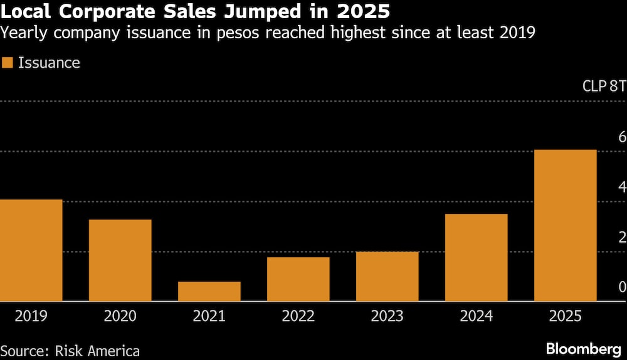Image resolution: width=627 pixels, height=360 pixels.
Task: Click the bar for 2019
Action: (x=31, y=250)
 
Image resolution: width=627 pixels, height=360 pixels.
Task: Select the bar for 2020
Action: (x=120, y=260)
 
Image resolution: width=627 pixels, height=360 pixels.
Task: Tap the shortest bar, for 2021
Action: (x=209, y=292)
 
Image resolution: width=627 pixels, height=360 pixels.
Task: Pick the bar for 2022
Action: (x=298, y=279)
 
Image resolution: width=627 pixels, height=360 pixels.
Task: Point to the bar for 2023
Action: (x=387, y=277)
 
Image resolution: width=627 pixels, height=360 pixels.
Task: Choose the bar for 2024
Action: (x=476, y=258)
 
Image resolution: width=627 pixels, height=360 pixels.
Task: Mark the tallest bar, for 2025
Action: (x=565, y=226)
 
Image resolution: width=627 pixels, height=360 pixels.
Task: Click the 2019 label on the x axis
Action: (x=31, y=316)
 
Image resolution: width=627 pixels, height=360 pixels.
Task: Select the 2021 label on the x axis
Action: (x=209, y=316)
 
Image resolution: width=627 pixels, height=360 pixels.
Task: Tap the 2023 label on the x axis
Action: (x=387, y=316)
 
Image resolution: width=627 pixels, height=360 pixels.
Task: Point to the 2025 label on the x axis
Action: (x=565, y=316)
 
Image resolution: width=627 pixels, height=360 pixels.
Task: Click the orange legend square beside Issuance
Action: (x=8, y=63)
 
